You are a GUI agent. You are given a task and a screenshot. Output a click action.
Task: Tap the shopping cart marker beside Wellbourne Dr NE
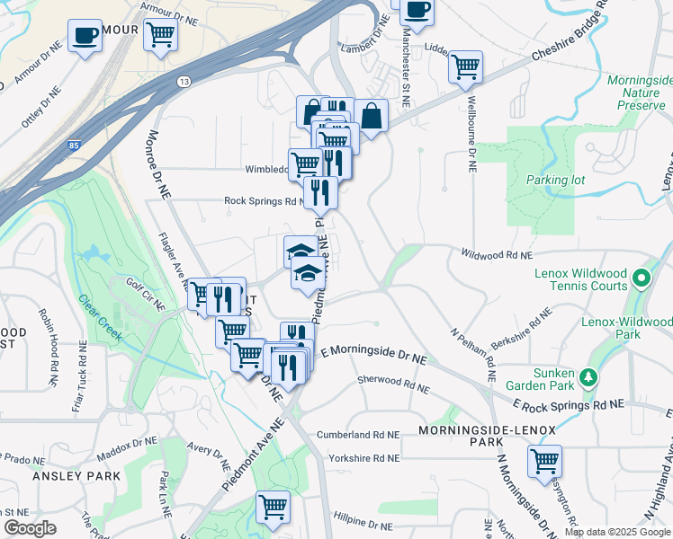point(465,66)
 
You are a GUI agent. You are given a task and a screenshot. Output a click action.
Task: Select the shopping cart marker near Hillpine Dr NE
point(273,505)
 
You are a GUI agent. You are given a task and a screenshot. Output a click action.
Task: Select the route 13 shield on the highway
point(184,82)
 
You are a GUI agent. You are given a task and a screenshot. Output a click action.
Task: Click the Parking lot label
point(556,180)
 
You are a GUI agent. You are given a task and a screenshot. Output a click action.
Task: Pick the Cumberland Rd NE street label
point(357,435)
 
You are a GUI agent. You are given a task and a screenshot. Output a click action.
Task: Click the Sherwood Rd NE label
point(393,384)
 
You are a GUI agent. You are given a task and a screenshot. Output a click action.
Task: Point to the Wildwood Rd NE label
point(498,255)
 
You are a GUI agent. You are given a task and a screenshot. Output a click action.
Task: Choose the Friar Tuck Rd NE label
point(78,378)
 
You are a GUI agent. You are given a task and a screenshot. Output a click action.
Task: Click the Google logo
point(31,528)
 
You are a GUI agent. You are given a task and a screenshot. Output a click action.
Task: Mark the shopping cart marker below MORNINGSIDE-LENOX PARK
point(544,461)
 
